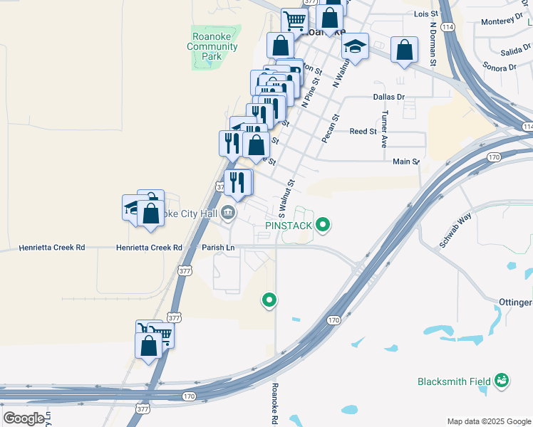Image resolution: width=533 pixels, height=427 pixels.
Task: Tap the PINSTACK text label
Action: pyautogui.click(x=289, y=226)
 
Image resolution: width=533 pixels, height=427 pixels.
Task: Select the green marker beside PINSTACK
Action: pyautogui.click(x=323, y=226)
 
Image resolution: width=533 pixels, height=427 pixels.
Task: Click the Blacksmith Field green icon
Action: pyautogui.click(x=502, y=381)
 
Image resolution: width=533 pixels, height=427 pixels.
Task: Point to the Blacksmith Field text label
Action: pyautogui.click(x=454, y=381)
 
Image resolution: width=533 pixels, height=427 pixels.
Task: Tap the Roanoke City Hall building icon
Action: pyautogui.click(x=227, y=211)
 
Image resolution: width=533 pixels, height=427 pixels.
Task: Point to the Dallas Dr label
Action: pyautogui.click(x=388, y=97)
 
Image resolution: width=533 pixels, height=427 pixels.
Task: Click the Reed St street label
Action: pyautogui.click(x=363, y=132)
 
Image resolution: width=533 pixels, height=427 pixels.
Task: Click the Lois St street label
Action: pyautogui.click(x=425, y=14)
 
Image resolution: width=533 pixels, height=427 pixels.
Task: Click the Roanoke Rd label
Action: pyautogui.click(x=274, y=404)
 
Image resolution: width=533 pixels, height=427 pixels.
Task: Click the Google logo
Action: pyautogui.click(x=24, y=418)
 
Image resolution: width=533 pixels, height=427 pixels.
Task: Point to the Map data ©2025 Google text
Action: pyautogui.click(x=488, y=421)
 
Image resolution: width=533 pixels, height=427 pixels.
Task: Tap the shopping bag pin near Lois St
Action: pyautogui.click(x=404, y=51)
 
